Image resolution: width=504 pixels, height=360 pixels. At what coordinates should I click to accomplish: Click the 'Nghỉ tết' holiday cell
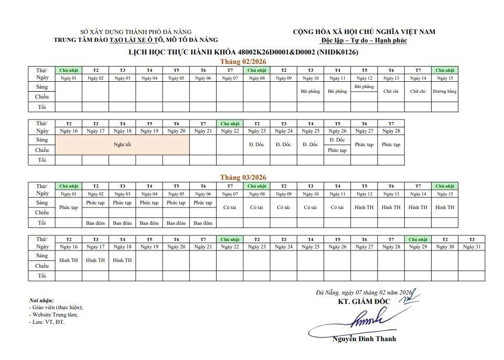(x=122, y=145)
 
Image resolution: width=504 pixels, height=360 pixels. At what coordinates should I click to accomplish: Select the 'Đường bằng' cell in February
(x=444, y=91)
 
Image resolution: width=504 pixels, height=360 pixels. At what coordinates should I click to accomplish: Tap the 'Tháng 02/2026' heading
(x=243, y=62)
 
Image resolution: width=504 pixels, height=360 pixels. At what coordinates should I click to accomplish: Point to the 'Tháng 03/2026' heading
(x=243, y=178)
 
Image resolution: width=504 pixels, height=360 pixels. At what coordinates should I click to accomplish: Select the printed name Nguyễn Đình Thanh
(x=364, y=339)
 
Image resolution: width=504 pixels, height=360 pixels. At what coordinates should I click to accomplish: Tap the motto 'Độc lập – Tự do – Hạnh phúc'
(x=364, y=40)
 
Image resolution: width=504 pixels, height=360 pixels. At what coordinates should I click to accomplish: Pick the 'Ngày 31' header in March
(x=471, y=247)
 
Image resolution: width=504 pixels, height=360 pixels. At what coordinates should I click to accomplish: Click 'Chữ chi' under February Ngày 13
(x=391, y=91)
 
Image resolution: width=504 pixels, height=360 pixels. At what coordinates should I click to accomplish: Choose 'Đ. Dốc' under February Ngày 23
(x=256, y=145)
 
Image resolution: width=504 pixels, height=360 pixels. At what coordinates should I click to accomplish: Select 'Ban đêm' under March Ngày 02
(x=95, y=223)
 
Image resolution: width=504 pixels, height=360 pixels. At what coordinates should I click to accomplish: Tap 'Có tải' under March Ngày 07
(x=230, y=208)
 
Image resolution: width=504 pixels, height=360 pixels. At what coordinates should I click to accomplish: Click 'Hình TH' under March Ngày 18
(x=122, y=260)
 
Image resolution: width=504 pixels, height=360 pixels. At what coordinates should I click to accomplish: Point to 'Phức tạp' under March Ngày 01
(x=68, y=208)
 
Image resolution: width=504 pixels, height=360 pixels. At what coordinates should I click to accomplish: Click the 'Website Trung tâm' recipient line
(x=55, y=315)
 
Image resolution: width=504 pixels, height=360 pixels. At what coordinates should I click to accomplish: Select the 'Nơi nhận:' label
(x=41, y=300)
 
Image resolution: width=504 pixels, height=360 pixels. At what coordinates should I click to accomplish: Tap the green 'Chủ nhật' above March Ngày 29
(x=418, y=239)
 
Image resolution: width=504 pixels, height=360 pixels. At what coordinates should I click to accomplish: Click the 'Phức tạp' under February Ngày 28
(x=391, y=145)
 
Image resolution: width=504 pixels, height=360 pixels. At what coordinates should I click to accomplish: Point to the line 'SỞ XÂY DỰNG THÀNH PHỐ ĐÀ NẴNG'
(x=136, y=32)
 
